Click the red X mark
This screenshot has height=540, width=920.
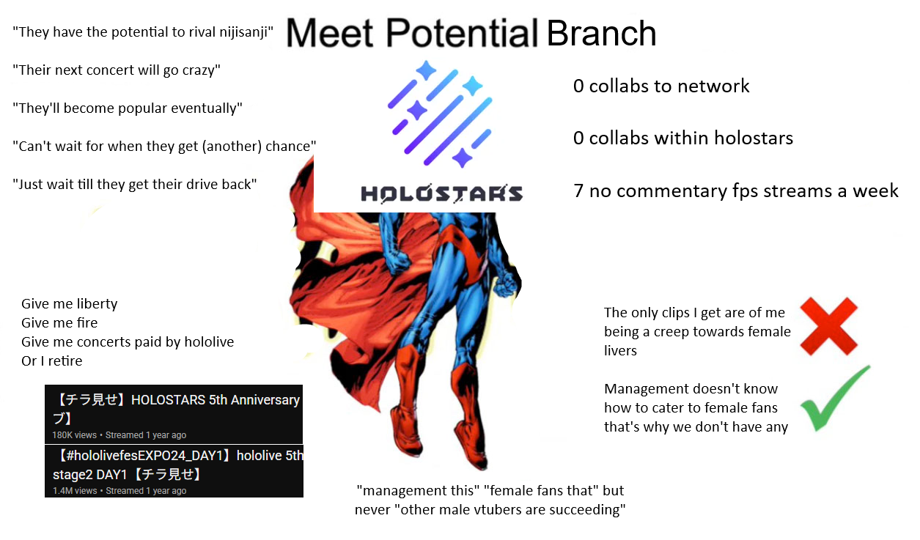[x=829, y=326]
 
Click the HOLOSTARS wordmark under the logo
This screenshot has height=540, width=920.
[x=441, y=194]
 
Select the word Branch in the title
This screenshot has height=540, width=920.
[x=601, y=33]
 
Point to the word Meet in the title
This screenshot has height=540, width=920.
[x=329, y=33]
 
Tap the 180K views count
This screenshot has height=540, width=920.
[x=74, y=435]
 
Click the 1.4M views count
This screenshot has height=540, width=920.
[x=75, y=491]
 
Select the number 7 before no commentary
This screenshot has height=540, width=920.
[x=578, y=191]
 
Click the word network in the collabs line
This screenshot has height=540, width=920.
[x=713, y=86]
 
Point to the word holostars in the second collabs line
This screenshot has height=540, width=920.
[x=754, y=138]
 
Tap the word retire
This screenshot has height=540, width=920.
[x=65, y=361]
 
